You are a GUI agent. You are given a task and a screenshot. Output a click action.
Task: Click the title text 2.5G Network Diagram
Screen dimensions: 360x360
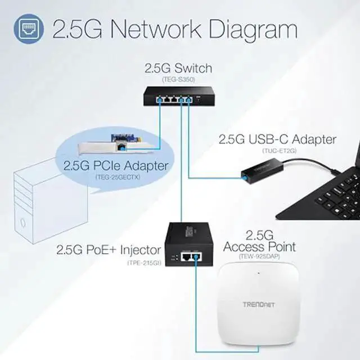coord(174,29)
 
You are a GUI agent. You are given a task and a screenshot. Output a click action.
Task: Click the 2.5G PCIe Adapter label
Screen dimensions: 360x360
coord(115,165)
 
